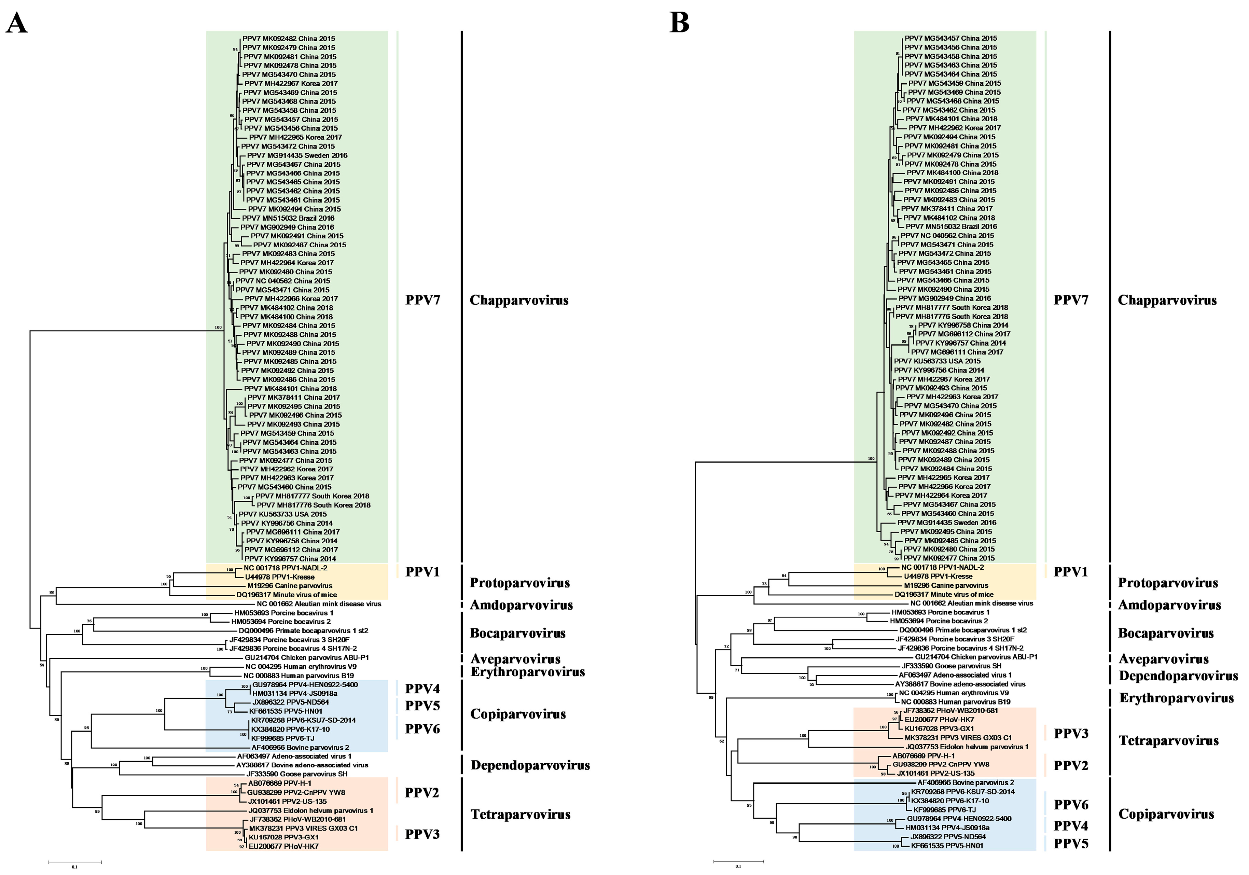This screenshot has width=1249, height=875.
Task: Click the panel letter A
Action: (17, 23)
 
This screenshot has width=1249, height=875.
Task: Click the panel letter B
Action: (679, 23)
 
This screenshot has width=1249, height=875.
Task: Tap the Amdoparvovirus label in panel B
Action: (1169, 605)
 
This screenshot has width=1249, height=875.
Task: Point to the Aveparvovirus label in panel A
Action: (515, 659)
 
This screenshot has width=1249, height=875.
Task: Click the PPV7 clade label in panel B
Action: (1071, 300)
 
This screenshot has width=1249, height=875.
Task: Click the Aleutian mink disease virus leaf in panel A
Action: (319, 603)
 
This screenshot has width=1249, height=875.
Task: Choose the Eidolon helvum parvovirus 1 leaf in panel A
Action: (310, 810)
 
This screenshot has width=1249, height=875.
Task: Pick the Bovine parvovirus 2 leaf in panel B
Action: (966, 782)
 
